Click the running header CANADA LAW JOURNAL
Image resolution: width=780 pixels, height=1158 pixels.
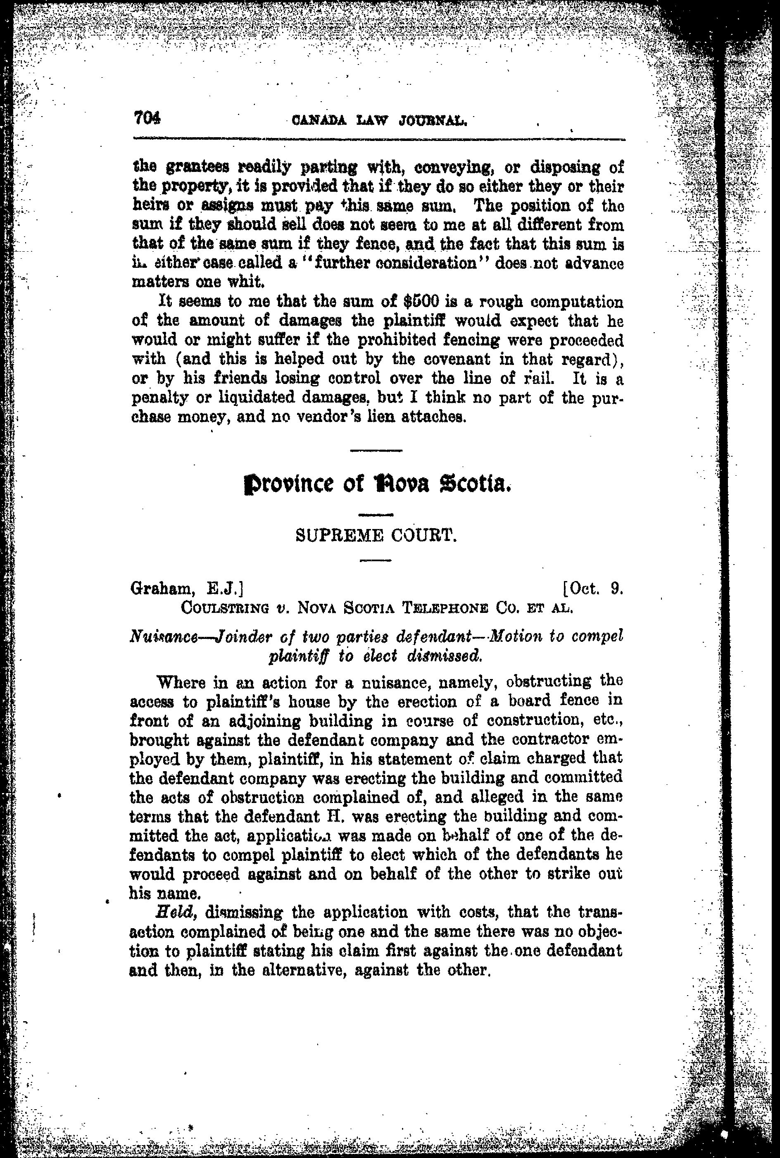pyautogui.click(x=380, y=120)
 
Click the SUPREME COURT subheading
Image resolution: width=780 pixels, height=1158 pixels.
pyautogui.click(x=376, y=536)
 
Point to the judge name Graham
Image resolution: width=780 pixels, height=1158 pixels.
pyautogui.click(x=161, y=589)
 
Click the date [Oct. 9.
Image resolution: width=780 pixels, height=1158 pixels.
pyautogui.click(x=592, y=589)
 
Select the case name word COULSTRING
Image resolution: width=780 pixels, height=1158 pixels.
pyautogui.click(x=224, y=608)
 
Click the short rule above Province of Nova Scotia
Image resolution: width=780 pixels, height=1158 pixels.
pyautogui.click(x=376, y=451)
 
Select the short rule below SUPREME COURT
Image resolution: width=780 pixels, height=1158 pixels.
pyautogui.click(x=376, y=560)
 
